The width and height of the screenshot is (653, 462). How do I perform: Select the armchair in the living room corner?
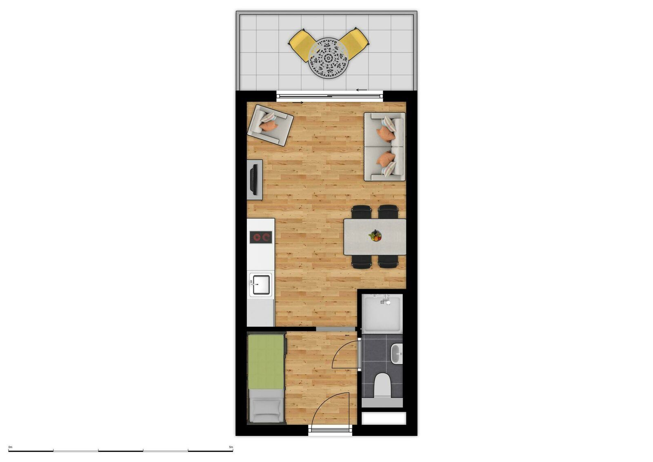point(270,124)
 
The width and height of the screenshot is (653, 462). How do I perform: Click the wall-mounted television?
point(253,179)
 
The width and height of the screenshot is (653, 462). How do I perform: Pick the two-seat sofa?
point(384,146)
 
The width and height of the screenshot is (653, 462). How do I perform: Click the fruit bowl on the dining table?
point(375,236)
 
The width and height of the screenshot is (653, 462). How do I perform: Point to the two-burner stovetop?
point(261,237)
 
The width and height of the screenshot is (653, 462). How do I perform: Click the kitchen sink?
point(260,285)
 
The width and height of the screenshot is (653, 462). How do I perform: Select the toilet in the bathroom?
point(382,384)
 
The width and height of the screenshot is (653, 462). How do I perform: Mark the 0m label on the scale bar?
point(10,447)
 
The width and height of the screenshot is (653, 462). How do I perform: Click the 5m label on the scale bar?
point(231,447)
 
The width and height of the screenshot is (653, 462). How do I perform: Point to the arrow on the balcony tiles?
point(362,90)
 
